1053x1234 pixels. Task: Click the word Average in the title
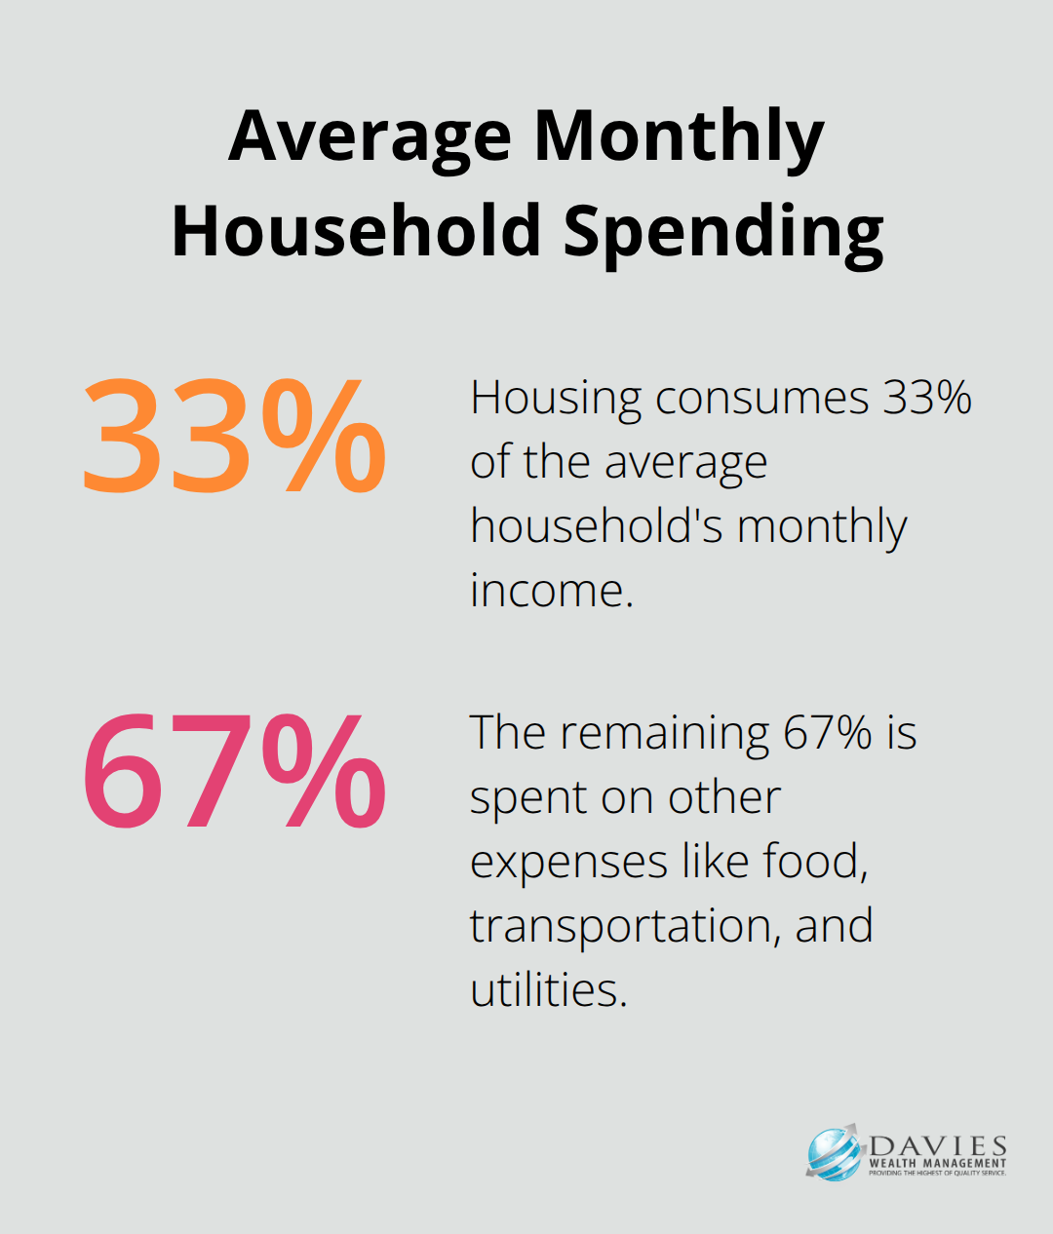[370, 136]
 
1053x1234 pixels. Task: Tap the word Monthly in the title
[679, 136]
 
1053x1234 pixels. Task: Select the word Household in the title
[356, 232]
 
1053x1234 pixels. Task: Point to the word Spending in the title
[722, 232]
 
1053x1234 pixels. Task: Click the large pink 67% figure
[234, 772]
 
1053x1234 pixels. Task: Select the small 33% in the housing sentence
[927, 398]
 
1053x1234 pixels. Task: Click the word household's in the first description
[596, 526]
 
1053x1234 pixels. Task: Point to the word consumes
[761, 399]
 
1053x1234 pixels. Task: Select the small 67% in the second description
[828, 732]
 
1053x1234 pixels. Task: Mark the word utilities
[548, 989]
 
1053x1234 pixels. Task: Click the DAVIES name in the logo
[937, 1145]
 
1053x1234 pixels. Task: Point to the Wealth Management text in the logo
[937, 1163]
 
